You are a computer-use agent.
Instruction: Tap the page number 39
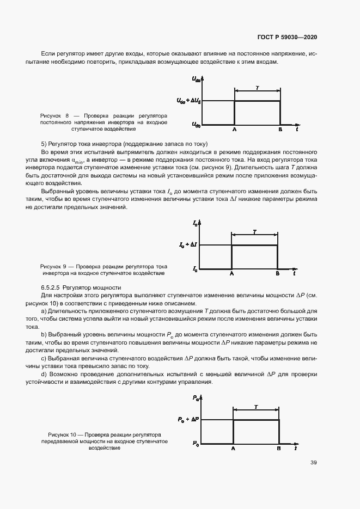pos(314,463)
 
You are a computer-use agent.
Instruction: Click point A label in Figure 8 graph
pos(234,131)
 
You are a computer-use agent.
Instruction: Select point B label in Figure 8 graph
pos(280,131)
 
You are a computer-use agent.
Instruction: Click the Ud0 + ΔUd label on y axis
pos(188,101)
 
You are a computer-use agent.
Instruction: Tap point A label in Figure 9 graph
pos(231,274)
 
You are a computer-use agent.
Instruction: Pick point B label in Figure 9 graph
pos(277,274)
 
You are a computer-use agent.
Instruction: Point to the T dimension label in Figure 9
pos(254,232)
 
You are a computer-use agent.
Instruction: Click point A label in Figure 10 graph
pos(233,449)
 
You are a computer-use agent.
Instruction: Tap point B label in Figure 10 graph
pos(279,449)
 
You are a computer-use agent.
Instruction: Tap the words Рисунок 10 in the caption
pos(62,435)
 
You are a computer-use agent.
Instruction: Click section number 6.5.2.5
pos(51,286)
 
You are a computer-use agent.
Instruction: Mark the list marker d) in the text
pos(44,375)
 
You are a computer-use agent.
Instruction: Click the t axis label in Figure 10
pos(296,449)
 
